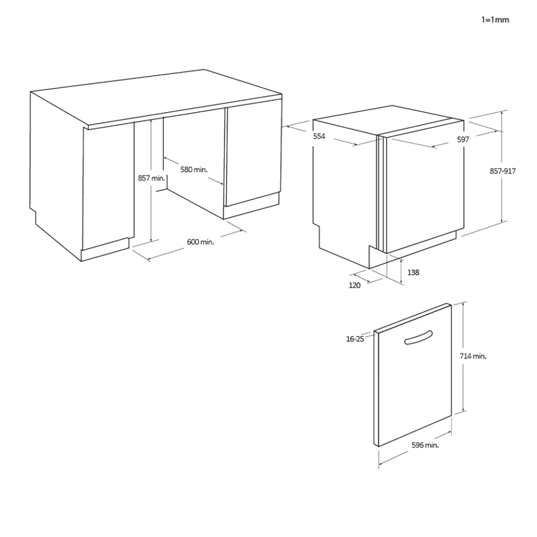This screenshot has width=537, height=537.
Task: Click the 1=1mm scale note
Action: [x=495, y=20]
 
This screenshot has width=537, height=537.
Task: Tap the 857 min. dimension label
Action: [x=151, y=178]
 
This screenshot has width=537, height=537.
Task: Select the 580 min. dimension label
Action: [x=194, y=170]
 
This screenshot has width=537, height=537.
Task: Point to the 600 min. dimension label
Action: [x=200, y=242]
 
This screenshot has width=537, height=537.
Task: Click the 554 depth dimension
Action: [x=319, y=136]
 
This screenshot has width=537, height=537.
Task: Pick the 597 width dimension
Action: [x=463, y=140]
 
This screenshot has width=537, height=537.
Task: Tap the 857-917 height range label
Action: [x=503, y=171]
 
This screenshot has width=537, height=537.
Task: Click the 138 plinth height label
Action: [x=413, y=272]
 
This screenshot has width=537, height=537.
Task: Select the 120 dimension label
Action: [x=354, y=285]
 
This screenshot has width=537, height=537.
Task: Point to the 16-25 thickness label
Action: [x=355, y=339]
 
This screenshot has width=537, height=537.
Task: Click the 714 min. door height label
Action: [x=473, y=356]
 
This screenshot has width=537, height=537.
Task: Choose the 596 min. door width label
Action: [x=425, y=445]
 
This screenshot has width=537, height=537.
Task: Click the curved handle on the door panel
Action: [x=418, y=337]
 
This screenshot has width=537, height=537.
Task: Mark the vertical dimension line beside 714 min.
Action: [x=463, y=357]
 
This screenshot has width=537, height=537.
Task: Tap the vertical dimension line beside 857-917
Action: [x=502, y=166]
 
